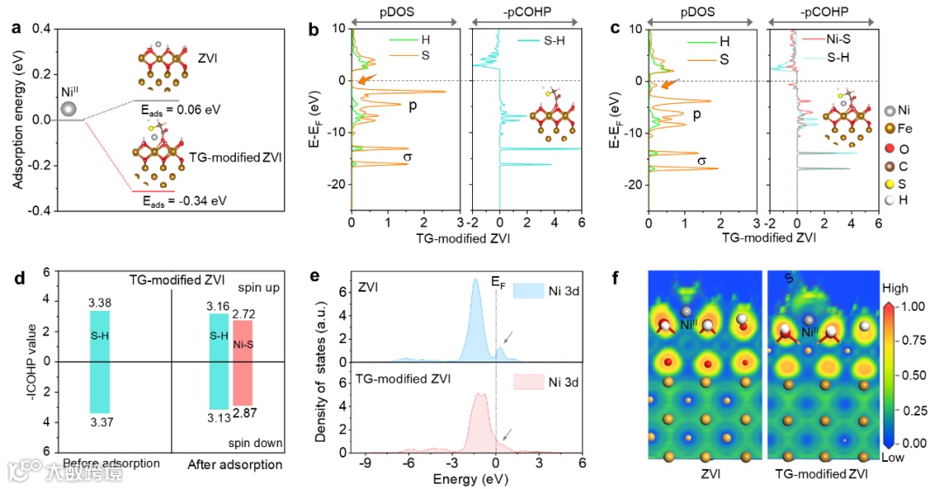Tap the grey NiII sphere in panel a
69,109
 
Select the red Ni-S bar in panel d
241,362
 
